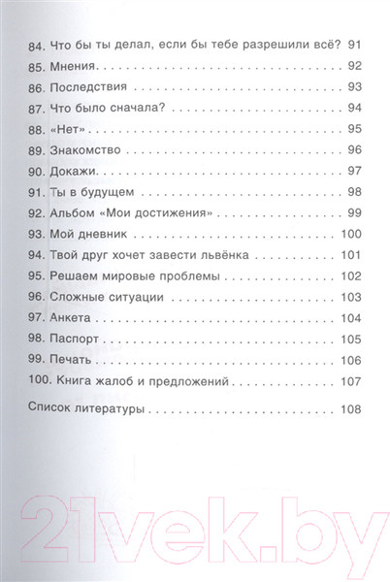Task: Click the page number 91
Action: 353,44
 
